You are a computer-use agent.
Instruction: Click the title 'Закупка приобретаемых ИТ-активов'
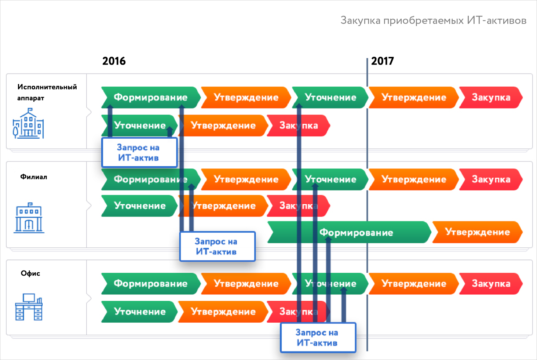point(434,21)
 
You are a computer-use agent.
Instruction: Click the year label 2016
point(114,61)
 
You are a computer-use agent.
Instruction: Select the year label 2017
point(382,61)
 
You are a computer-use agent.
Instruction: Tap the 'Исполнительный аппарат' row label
point(47,92)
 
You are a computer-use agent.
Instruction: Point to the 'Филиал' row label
point(34,177)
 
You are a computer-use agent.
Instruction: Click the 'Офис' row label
point(30,273)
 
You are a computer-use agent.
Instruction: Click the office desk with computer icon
point(29,307)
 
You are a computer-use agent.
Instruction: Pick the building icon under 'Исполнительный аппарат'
point(28,123)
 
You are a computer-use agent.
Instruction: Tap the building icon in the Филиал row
point(29,218)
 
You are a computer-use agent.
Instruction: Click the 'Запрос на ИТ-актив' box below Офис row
point(318,338)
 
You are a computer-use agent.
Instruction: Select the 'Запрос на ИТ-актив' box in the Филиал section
point(218,246)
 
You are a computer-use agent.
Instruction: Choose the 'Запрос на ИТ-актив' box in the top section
point(139,153)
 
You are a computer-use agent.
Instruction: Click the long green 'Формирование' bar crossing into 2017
point(349,232)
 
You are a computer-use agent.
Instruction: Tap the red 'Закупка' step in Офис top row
point(491,284)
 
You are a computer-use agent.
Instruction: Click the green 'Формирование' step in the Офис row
point(151,284)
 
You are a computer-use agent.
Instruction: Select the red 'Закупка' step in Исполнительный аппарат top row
point(491,97)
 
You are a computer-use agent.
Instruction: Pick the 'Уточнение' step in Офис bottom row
point(139,312)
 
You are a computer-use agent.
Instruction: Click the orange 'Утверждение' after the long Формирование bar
point(477,232)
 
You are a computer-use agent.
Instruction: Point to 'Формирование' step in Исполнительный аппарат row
point(151,97)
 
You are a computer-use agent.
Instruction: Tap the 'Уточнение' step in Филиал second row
point(139,206)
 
